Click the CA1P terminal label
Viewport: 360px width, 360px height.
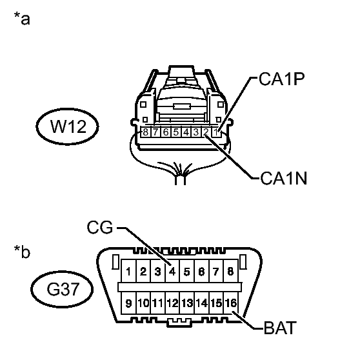click(282, 79)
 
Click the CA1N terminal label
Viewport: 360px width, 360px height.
click(284, 179)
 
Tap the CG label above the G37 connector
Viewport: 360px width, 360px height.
click(100, 227)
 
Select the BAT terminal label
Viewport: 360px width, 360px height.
click(280, 328)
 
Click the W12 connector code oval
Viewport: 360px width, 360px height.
click(67, 126)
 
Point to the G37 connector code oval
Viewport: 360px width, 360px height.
click(62, 289)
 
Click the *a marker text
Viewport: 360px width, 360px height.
click(22, 18)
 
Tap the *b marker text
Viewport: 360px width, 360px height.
click(22, 252)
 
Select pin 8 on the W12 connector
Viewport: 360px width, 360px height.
click(145, 132)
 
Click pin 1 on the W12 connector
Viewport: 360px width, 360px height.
click(216, 132)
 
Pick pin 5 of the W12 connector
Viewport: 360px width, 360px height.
click(176, 132)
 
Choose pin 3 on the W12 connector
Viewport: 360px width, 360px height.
click(196, 132)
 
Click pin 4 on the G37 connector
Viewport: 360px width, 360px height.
click(172, 271)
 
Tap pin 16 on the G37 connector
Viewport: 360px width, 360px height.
click(231, 303)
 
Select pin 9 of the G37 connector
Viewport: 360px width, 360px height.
click(128, 303)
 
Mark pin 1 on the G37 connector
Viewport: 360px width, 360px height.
click(128, 271)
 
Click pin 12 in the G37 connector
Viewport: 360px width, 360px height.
click(172, 303)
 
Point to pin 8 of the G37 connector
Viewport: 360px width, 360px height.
click(231, 271)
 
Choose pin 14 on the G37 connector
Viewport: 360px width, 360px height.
click(201, 303)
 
